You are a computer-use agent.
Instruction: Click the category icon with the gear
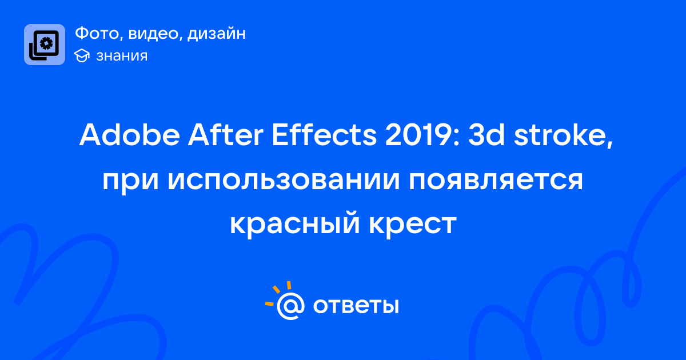click(45, 45)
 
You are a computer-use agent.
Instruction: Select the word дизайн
click(217, 34)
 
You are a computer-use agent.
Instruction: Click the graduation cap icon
click(82, 55)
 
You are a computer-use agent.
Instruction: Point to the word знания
click(122, 56)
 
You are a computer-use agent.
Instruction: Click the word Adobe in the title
click(129, 135)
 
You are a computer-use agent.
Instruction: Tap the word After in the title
click(225, 135)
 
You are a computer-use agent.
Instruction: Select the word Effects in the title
click(324, 135)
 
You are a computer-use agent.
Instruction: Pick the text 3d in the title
click(486, 135)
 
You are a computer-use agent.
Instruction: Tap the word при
click(130, 181)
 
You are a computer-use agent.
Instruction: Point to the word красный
click(295, 224)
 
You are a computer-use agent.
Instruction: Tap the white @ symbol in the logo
click(290, 306)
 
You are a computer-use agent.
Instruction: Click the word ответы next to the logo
click(356, 306)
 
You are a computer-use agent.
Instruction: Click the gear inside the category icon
click(46, 43)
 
